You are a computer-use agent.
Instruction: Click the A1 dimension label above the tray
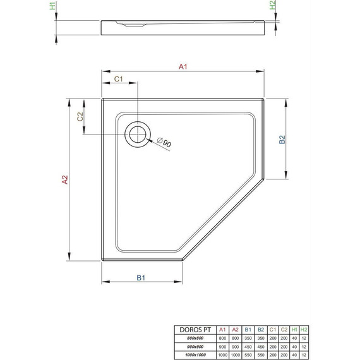click(x=184, y=67)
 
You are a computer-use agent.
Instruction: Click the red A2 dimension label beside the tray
click(x=64, y=180)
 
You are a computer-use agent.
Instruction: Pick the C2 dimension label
click(x=80, y=117)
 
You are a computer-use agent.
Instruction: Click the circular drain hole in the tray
click(x=136, y=134)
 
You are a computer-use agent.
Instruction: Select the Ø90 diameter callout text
click(x=165, y=143)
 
